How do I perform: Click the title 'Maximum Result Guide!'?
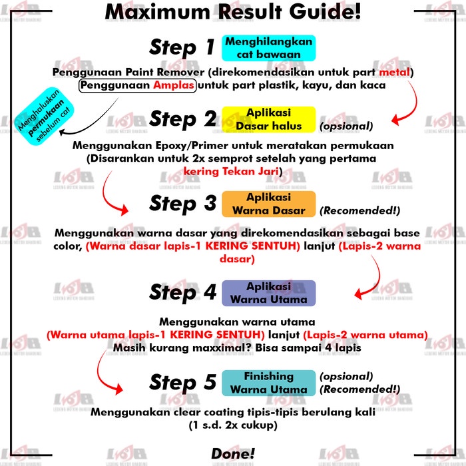tap(233, 12)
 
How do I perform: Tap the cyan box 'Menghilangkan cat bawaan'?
tap(269, 48)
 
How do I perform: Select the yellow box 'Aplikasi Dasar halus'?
tap(269, 119)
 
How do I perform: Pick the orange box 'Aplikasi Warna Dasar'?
tap(269, 204)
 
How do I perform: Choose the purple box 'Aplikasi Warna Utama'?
tap(269, 293)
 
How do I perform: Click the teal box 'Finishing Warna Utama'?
tap(269, 383)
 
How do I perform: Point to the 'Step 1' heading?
tap(182, 47)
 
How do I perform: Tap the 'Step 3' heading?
tap(183, 204)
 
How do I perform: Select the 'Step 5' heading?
tap(183, 383)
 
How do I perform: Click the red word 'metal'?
tap(394, 72)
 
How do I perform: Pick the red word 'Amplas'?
tap(174, 86)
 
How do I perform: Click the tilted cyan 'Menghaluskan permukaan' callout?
tap(44, 116)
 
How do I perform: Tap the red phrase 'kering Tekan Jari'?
tap(231, 172)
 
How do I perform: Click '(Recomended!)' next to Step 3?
tap(360, 211)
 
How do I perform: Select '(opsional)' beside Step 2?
tap(346, 126)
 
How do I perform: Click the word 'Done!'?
tap(233, 454)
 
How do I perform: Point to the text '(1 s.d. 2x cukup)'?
tap(233, 425)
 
